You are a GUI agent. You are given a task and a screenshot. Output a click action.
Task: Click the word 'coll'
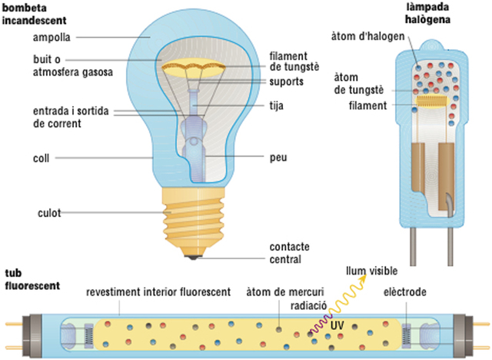41,159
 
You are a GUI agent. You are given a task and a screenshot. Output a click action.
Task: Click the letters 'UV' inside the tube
336,325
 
